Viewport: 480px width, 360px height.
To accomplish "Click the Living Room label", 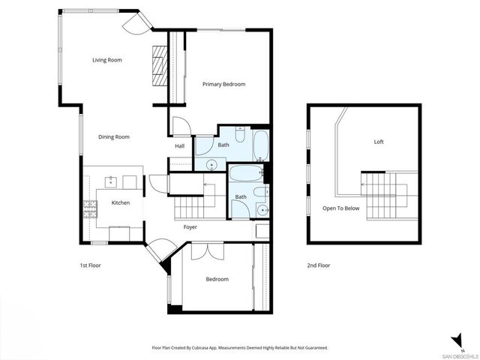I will [107, 60].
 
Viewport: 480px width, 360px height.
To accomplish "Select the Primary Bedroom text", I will [223, 84].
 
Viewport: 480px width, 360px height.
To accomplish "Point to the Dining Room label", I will [114, 137].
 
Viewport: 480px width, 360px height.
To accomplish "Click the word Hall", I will [180, 146].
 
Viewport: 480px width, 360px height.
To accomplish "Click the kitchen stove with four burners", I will [89, 210].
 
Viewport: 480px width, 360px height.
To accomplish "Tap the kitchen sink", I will [111, 181].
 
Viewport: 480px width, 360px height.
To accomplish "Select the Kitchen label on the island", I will [121, 202].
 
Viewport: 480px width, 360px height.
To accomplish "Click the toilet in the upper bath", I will [238, 134].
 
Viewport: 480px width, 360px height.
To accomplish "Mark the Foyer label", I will [190, 226].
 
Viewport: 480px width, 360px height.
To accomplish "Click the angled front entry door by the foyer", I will [159, 252].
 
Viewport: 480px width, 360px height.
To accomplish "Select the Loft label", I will [379, 141].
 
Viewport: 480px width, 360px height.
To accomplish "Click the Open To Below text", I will [340, 208].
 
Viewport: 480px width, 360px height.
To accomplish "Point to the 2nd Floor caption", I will [318, 265].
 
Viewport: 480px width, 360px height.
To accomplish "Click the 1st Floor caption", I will [91, 265].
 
